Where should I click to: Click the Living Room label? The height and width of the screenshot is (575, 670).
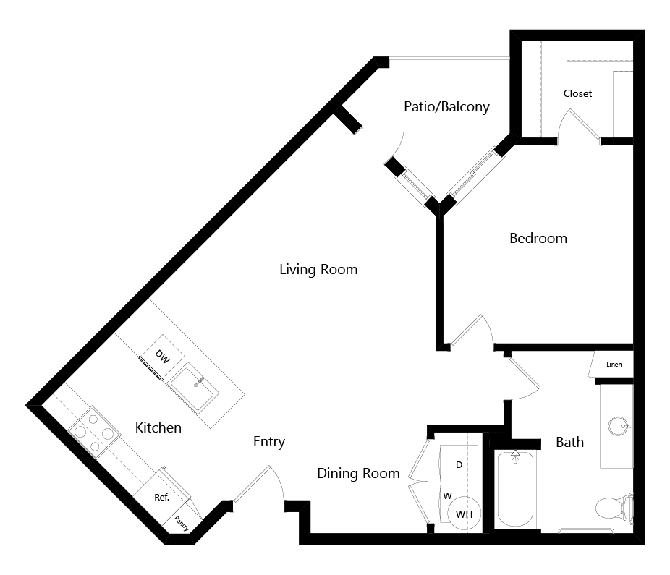pos(318,270)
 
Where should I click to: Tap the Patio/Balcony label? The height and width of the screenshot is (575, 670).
pos(446,106)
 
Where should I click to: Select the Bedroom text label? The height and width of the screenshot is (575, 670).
pos(538,238)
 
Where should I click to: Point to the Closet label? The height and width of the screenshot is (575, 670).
pos(577,93)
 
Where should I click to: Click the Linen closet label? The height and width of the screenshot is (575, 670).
pos(614,365)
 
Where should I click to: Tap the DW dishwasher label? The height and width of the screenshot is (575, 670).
pos(162,357)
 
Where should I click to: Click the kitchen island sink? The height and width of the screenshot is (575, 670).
pos(193,388)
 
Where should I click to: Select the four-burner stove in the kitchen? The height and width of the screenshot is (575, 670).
pos(94,433)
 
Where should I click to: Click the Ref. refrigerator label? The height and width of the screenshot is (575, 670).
pos(162,498)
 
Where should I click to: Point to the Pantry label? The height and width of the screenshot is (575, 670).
pos(182,524)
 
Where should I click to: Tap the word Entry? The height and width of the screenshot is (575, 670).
pos(269,442)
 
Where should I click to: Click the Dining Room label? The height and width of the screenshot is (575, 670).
pos(358,473)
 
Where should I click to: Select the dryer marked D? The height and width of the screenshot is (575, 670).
pos(459,465)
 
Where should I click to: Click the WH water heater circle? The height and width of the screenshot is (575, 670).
pos(464,514)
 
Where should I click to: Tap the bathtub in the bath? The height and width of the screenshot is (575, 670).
pos(515,489)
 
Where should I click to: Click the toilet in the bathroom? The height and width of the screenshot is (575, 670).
pos(614,508)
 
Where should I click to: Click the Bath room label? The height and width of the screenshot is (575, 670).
pos(570,442)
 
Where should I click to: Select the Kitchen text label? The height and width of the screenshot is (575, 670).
pos(158,427)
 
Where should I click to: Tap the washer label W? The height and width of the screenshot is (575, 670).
pos(447,496)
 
